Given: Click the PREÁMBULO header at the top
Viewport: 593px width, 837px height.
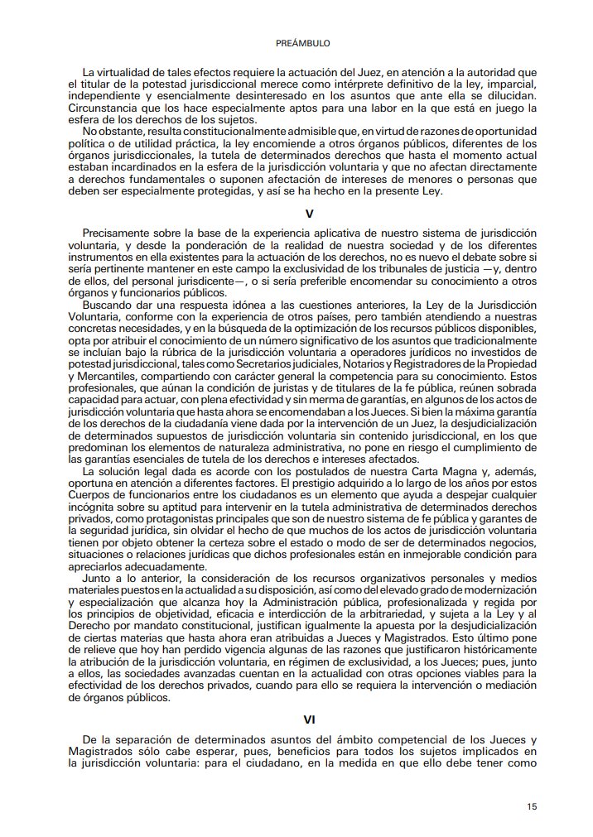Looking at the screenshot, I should point(296,41).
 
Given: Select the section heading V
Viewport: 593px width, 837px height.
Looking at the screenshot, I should point(309,213).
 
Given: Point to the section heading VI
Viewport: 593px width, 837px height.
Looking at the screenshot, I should point(309,720).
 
